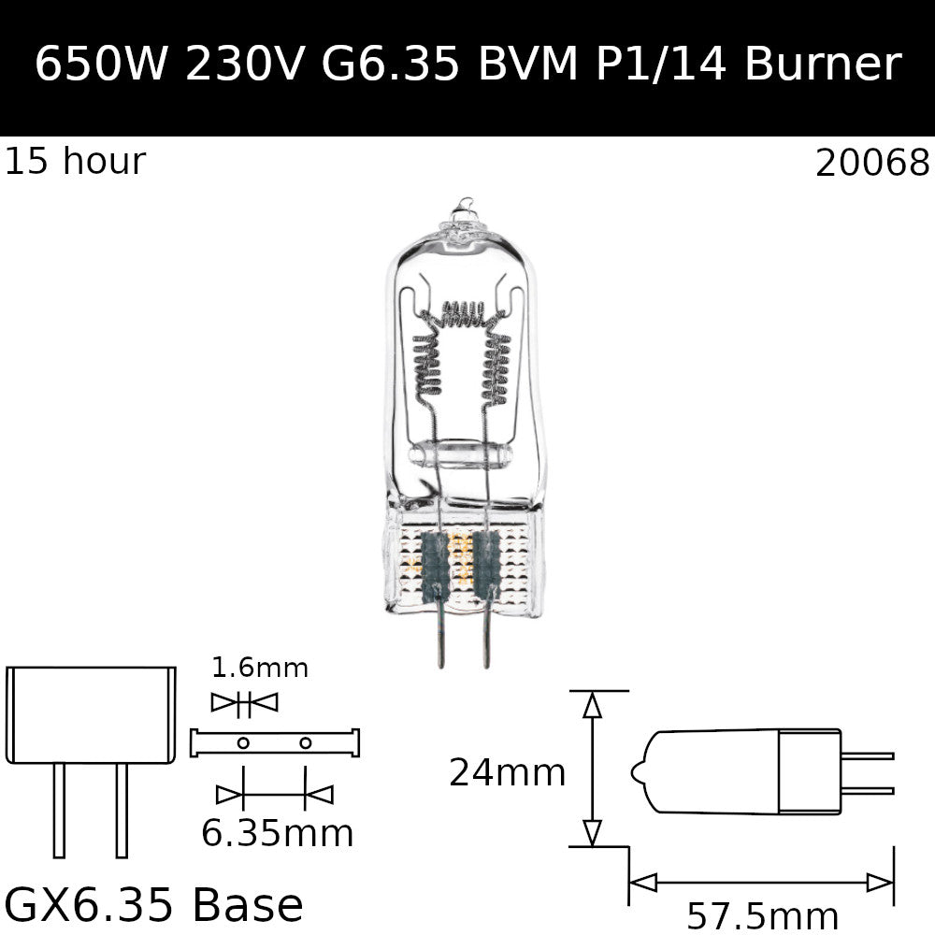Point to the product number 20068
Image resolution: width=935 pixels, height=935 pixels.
tap(872, 164)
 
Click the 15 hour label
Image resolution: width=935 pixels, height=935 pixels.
tap(75, 162)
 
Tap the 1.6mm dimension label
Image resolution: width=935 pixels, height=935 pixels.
tap(259, 669)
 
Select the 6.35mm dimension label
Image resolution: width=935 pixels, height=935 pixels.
tap(277, 832)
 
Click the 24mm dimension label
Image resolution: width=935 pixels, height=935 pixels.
tap(507, 773)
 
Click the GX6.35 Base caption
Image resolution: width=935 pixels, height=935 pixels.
tap(154, 905)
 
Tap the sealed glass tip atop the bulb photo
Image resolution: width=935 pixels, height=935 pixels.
tap(463, 211)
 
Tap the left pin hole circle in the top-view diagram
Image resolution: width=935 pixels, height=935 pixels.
tap(243, 743)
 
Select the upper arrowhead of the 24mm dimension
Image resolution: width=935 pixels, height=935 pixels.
tap(591, 704)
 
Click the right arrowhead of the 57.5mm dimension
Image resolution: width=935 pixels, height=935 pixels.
tap(881, 882)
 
